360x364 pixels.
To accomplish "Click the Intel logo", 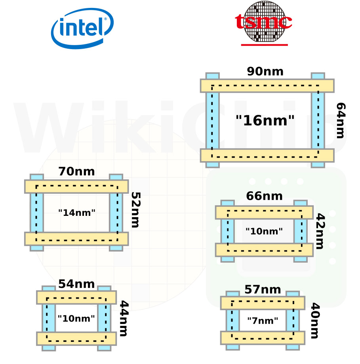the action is pos(82,29).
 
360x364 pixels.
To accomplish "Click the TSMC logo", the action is pos(264,23).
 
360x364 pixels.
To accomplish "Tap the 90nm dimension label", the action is pos(265,71).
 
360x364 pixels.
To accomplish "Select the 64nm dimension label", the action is pos(341,120).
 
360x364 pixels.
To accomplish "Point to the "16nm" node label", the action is pos(265,120).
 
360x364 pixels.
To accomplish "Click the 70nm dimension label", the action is pos(76,172).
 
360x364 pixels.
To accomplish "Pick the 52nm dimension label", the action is pos(136,210).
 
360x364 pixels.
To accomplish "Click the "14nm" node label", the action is pos(77,213).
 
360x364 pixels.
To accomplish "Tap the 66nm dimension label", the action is pos(265,196).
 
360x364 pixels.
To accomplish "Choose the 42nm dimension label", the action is pos(320,231).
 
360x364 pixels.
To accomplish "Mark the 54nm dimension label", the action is pos(76,284).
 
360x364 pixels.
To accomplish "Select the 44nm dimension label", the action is pos(124,318).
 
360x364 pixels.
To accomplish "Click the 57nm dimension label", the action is pos(263,290).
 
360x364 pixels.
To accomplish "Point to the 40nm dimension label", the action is pos(315,320).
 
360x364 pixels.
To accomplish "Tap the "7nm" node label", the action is pos(263,320).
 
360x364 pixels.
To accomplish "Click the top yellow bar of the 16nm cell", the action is pos(267,86).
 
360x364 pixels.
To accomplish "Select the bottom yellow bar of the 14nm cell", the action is pos(76,239).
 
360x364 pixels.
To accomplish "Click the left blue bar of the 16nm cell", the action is pos(212,120).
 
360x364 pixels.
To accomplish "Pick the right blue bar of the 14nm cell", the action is pos(116,212).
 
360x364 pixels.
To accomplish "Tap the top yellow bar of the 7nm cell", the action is pos(263,303).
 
